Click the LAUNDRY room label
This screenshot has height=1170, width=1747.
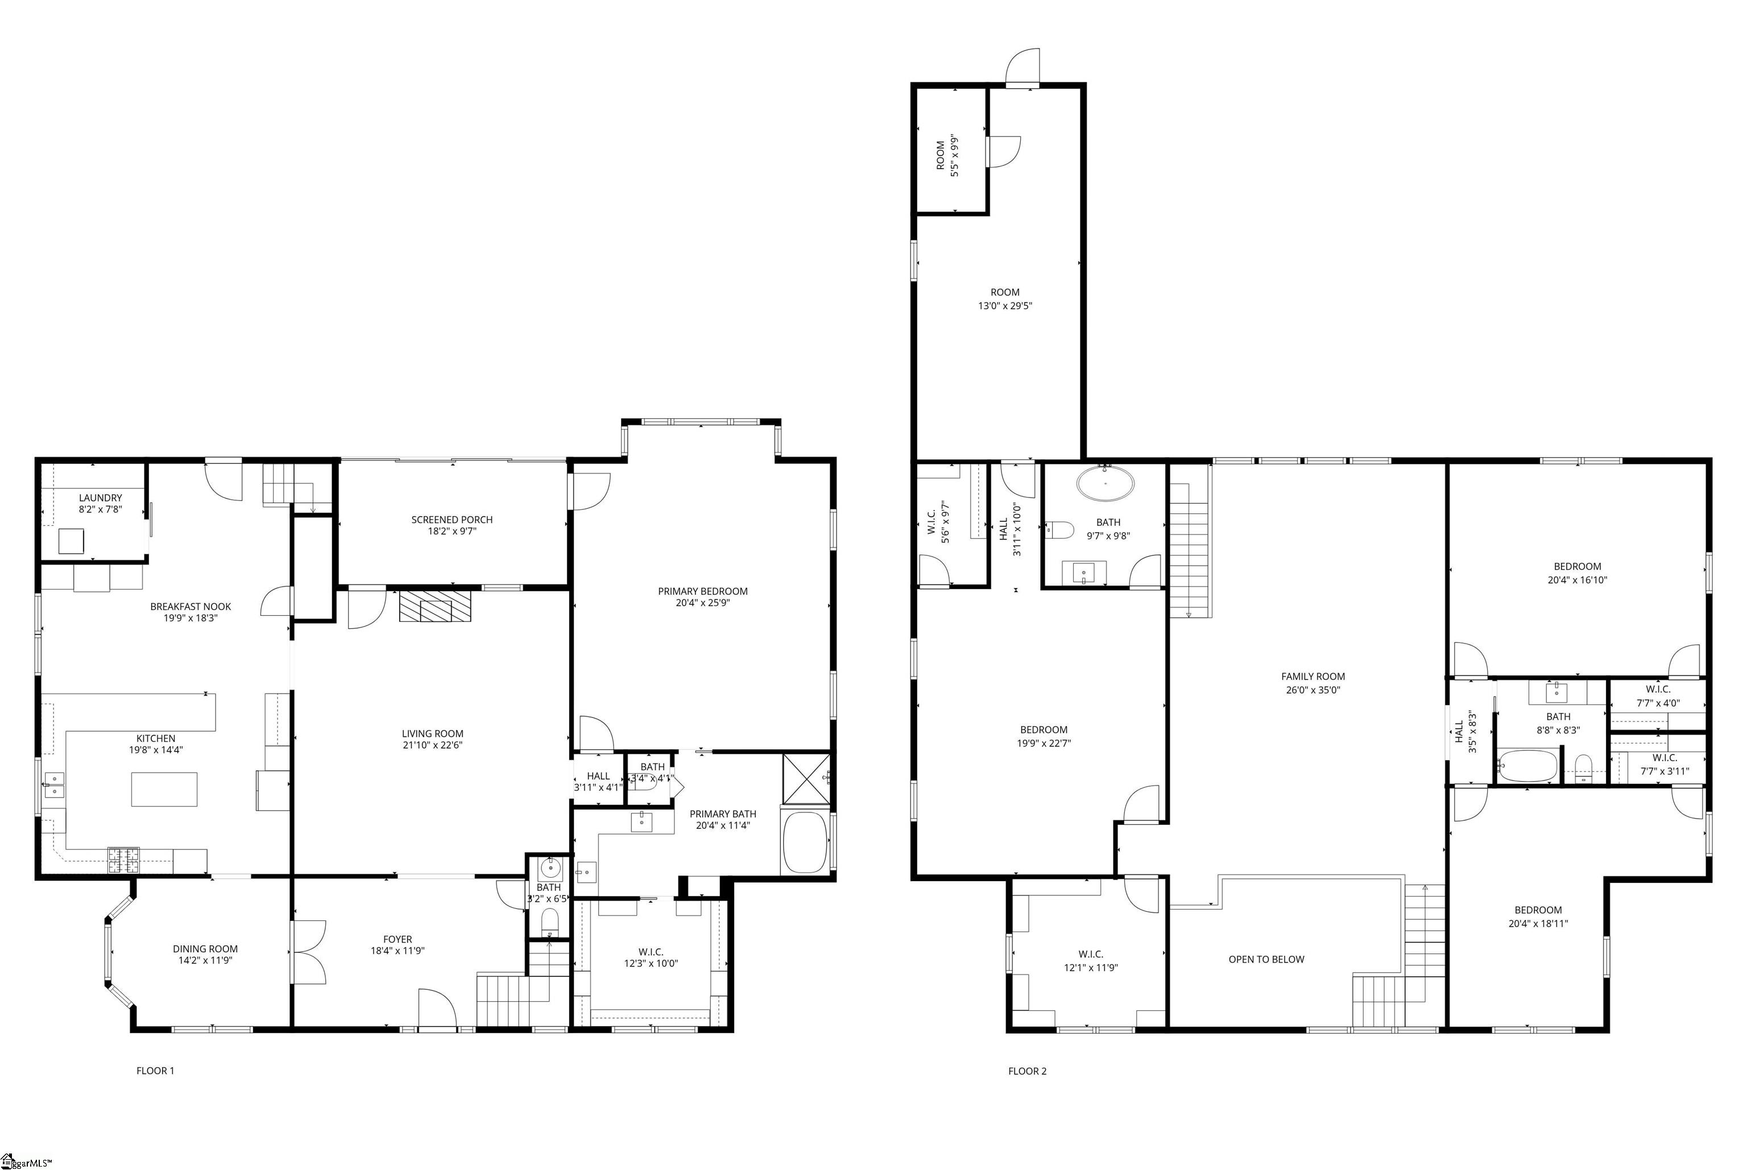click(100, 497)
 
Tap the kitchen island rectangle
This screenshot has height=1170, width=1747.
click(164, 790)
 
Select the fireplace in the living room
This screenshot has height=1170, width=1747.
click(436, 607)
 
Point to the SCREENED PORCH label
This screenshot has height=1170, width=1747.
click(452, 520)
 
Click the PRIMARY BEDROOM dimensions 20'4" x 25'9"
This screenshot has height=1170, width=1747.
click(702, 603)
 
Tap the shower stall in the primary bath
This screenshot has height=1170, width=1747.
click(805, 779)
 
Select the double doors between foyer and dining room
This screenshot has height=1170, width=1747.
click(308, 953)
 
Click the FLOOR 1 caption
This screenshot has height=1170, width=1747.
click(155, 1071)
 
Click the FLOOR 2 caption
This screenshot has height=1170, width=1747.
click(1027, 1071)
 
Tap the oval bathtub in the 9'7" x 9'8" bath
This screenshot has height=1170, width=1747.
click(1105, 483)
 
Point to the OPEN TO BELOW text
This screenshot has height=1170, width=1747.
click(1266, 960)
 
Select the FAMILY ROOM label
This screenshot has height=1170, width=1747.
click(1313, 677)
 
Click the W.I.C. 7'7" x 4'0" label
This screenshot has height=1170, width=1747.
click(1658, 690)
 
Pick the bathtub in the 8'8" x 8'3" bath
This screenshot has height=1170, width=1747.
click(1527, 766)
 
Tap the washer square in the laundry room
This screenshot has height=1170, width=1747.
click(71, 541)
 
